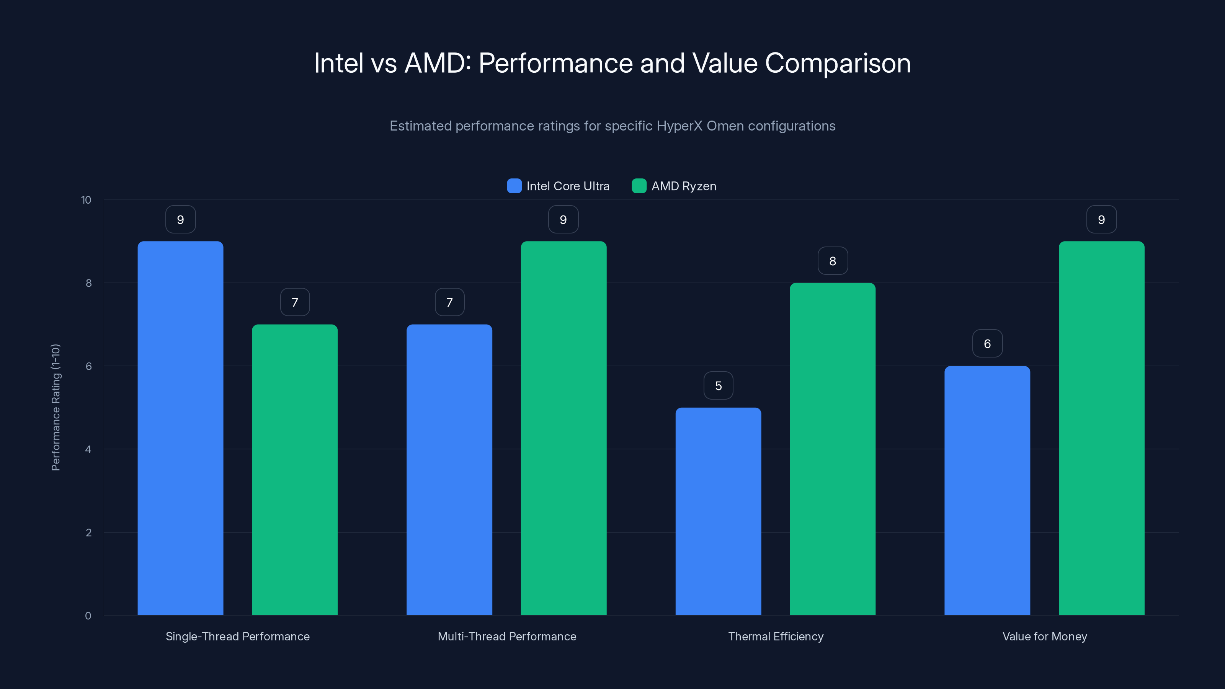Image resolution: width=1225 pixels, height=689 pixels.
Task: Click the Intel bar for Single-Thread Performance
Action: coord(180,428)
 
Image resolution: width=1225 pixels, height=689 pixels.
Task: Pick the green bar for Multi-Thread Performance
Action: coord(563,428)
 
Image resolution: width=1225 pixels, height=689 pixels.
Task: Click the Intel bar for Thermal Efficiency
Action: coord(718,511)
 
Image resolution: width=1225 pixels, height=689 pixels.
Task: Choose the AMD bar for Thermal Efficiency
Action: coord(832,449)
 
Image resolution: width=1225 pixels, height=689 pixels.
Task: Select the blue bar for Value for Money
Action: coord(987,490)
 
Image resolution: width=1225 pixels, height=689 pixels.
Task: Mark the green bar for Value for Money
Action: coord(1101,428)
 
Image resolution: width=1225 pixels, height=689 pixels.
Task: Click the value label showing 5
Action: coord(718,385)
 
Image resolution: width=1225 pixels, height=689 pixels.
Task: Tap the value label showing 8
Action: coord(832,261)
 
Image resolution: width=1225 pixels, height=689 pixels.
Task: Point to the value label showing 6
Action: coord(987,343)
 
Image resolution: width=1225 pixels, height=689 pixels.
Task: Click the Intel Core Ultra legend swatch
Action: coord(514,186)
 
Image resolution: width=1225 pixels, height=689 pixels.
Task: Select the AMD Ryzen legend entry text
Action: coord(683,186)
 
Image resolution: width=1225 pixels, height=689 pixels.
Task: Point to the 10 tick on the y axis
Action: coord(86,200)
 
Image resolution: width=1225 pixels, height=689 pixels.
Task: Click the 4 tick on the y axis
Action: coord(88,449)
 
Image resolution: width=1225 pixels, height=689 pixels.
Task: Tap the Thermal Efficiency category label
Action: coord(776,636)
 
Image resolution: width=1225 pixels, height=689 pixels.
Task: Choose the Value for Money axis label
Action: coord(1044,636)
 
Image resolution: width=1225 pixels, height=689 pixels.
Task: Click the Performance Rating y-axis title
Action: coord(56,408)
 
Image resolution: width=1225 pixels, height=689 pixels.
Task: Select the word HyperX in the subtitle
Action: coord(679,126)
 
